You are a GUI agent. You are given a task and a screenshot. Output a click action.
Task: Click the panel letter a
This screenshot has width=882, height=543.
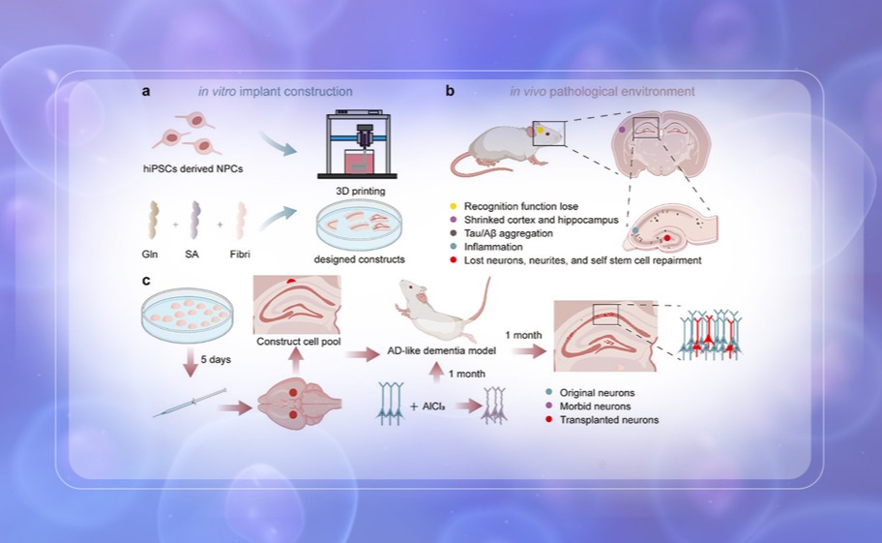pyautogui.click(x=145, y=92)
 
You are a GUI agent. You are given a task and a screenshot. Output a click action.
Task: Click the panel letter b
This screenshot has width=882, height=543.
pyautogui.click(x=450, y=92)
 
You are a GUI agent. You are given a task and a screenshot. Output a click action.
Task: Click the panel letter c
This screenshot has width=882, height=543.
pyautogui.click(x=145, y=282)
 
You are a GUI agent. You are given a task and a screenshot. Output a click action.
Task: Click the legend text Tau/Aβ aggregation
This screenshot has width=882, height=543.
pyautogui.click(x=510, y=233)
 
